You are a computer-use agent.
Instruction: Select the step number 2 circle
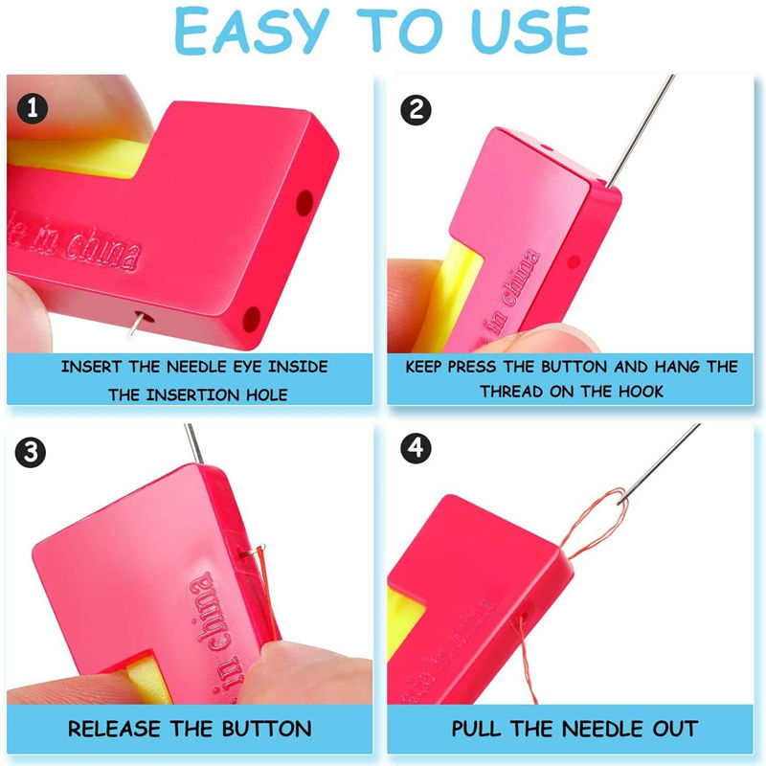click(415, 108)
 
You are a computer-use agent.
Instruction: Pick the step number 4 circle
click(415, 447)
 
